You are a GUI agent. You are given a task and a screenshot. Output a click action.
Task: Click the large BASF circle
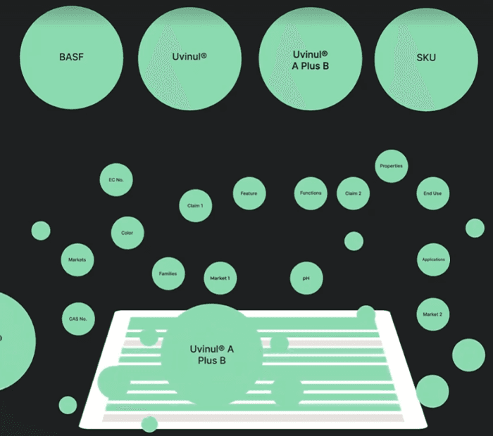(71, 57)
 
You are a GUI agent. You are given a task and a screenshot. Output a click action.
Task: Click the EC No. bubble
(116, 180)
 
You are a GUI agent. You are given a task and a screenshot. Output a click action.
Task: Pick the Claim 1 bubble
(195, 206)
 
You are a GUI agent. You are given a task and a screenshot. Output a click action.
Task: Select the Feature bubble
(249, 193)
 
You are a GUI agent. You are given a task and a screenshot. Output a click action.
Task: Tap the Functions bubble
(311, 193)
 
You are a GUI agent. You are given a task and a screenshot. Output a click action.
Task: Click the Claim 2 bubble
(353, 193)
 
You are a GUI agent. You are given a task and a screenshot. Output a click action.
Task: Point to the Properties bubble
(391, 167)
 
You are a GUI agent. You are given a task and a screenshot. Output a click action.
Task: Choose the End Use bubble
(432, 193)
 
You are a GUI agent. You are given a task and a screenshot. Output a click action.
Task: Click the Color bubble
(127, 233)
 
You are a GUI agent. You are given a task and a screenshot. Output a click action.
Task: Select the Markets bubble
(77, 260)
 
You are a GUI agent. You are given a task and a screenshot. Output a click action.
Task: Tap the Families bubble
(168, 274)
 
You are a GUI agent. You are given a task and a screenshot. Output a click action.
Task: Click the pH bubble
(306, 278)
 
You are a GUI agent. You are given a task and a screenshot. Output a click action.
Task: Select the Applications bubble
(433, 260)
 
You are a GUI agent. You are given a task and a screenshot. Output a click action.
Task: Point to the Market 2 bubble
(432, 314)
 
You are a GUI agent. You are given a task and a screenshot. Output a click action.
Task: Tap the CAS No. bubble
(78, 319)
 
